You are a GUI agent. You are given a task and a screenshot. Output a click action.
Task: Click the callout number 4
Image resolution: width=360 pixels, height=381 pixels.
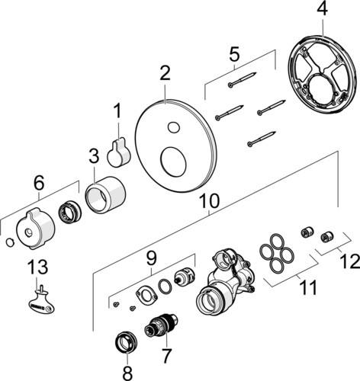click(322, 9)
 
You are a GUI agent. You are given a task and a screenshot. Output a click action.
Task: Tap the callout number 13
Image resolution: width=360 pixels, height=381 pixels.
click(38, 267)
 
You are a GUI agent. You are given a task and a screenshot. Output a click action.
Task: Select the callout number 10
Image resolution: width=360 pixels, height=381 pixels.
click(209, 201)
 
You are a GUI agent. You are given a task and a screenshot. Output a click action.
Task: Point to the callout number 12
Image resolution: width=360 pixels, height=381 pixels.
click(351, 261)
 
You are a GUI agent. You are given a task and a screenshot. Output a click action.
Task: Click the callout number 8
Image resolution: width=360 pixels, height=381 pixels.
click(127, 373)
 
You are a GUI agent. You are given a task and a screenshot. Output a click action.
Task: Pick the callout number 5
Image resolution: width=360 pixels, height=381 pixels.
click(234, 55)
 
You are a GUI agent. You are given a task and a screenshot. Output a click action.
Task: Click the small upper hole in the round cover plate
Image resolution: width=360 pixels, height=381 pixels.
click(174, 127)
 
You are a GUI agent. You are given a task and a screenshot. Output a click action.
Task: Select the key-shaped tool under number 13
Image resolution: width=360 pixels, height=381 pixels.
click(41, 301)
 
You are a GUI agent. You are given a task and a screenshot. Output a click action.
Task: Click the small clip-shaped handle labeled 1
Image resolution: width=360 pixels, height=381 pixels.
click(119, 152)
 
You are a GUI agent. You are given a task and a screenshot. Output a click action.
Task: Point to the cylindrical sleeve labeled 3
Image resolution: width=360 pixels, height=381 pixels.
click(105, 195)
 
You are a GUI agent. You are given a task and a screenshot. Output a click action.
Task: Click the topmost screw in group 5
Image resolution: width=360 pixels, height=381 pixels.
click(243, 79)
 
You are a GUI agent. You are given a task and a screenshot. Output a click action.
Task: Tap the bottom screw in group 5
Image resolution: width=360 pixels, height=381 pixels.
click(262, 139)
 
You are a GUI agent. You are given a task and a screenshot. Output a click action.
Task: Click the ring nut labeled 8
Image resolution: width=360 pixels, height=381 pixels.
click(127, 342)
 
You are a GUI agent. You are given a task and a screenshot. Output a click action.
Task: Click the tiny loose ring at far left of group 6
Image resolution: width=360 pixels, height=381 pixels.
click(10, 242)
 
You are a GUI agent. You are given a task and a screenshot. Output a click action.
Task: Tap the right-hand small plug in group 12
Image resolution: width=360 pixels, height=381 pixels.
click(326, 237)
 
